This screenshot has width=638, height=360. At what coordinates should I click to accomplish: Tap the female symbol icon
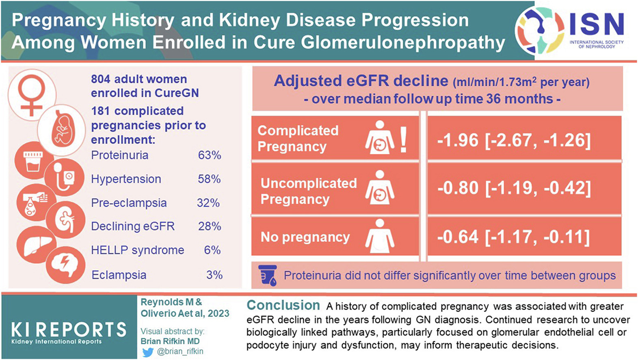[32, 94]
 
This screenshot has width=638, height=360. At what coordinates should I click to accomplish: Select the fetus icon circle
[61, 129]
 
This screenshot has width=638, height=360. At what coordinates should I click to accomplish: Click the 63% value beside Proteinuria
[209, 155]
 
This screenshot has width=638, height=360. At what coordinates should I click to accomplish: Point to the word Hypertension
[126, 179]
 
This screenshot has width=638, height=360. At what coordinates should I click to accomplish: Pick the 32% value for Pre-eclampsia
[208, 203]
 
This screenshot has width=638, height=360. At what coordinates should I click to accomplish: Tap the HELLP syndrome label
[137, 250]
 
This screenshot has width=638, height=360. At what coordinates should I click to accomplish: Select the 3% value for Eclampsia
[214, 275]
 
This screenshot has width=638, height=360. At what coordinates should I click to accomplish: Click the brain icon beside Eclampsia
[65, 264]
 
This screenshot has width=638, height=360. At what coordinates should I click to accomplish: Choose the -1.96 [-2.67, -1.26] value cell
[514, 140]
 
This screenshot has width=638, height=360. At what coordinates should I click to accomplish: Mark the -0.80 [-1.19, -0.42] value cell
[514, 188]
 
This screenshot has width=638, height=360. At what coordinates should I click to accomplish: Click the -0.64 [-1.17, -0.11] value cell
[514, 237]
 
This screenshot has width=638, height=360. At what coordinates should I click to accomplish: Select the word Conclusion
[283, 305]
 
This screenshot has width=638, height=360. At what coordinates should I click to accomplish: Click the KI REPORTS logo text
[69, 329]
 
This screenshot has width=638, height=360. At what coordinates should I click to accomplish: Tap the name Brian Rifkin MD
[170, 341]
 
